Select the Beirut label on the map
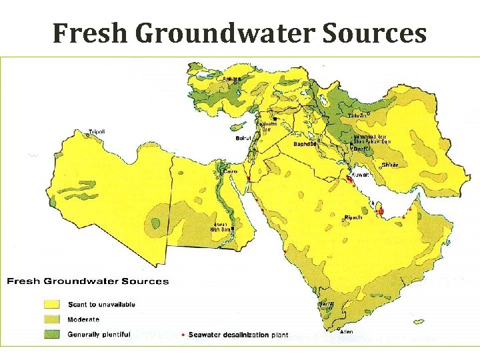tap(244, 138)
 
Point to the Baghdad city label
tap(305, 144)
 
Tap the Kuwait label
tap(359, 175)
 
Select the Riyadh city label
tap(353, 218)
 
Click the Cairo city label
tap(229, 171)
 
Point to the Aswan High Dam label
tap(220, 227)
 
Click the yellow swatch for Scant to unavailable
tap(54, 305)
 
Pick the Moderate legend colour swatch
tap(54, 319)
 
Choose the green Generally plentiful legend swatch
tap(54, 334)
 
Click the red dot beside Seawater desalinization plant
tap(183, 335)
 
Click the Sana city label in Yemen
tap(326, 304)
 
